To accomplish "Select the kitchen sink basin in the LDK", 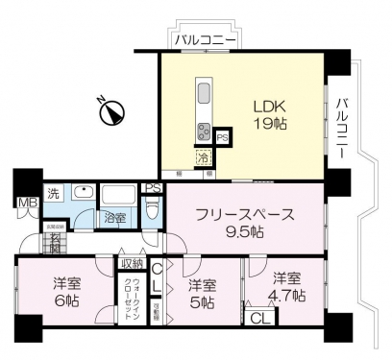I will (x=204, y=96).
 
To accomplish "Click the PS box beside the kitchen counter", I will (x=222, y=138).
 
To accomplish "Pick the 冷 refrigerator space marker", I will (x=204, y=156).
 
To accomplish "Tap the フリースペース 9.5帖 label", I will (x=243, y=223).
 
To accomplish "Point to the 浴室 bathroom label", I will (x=114, y=217).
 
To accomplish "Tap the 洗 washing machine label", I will (x=55, y=190).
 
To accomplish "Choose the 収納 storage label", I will (x=132, y=263).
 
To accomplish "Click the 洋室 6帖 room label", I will (x=65, y=292).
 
